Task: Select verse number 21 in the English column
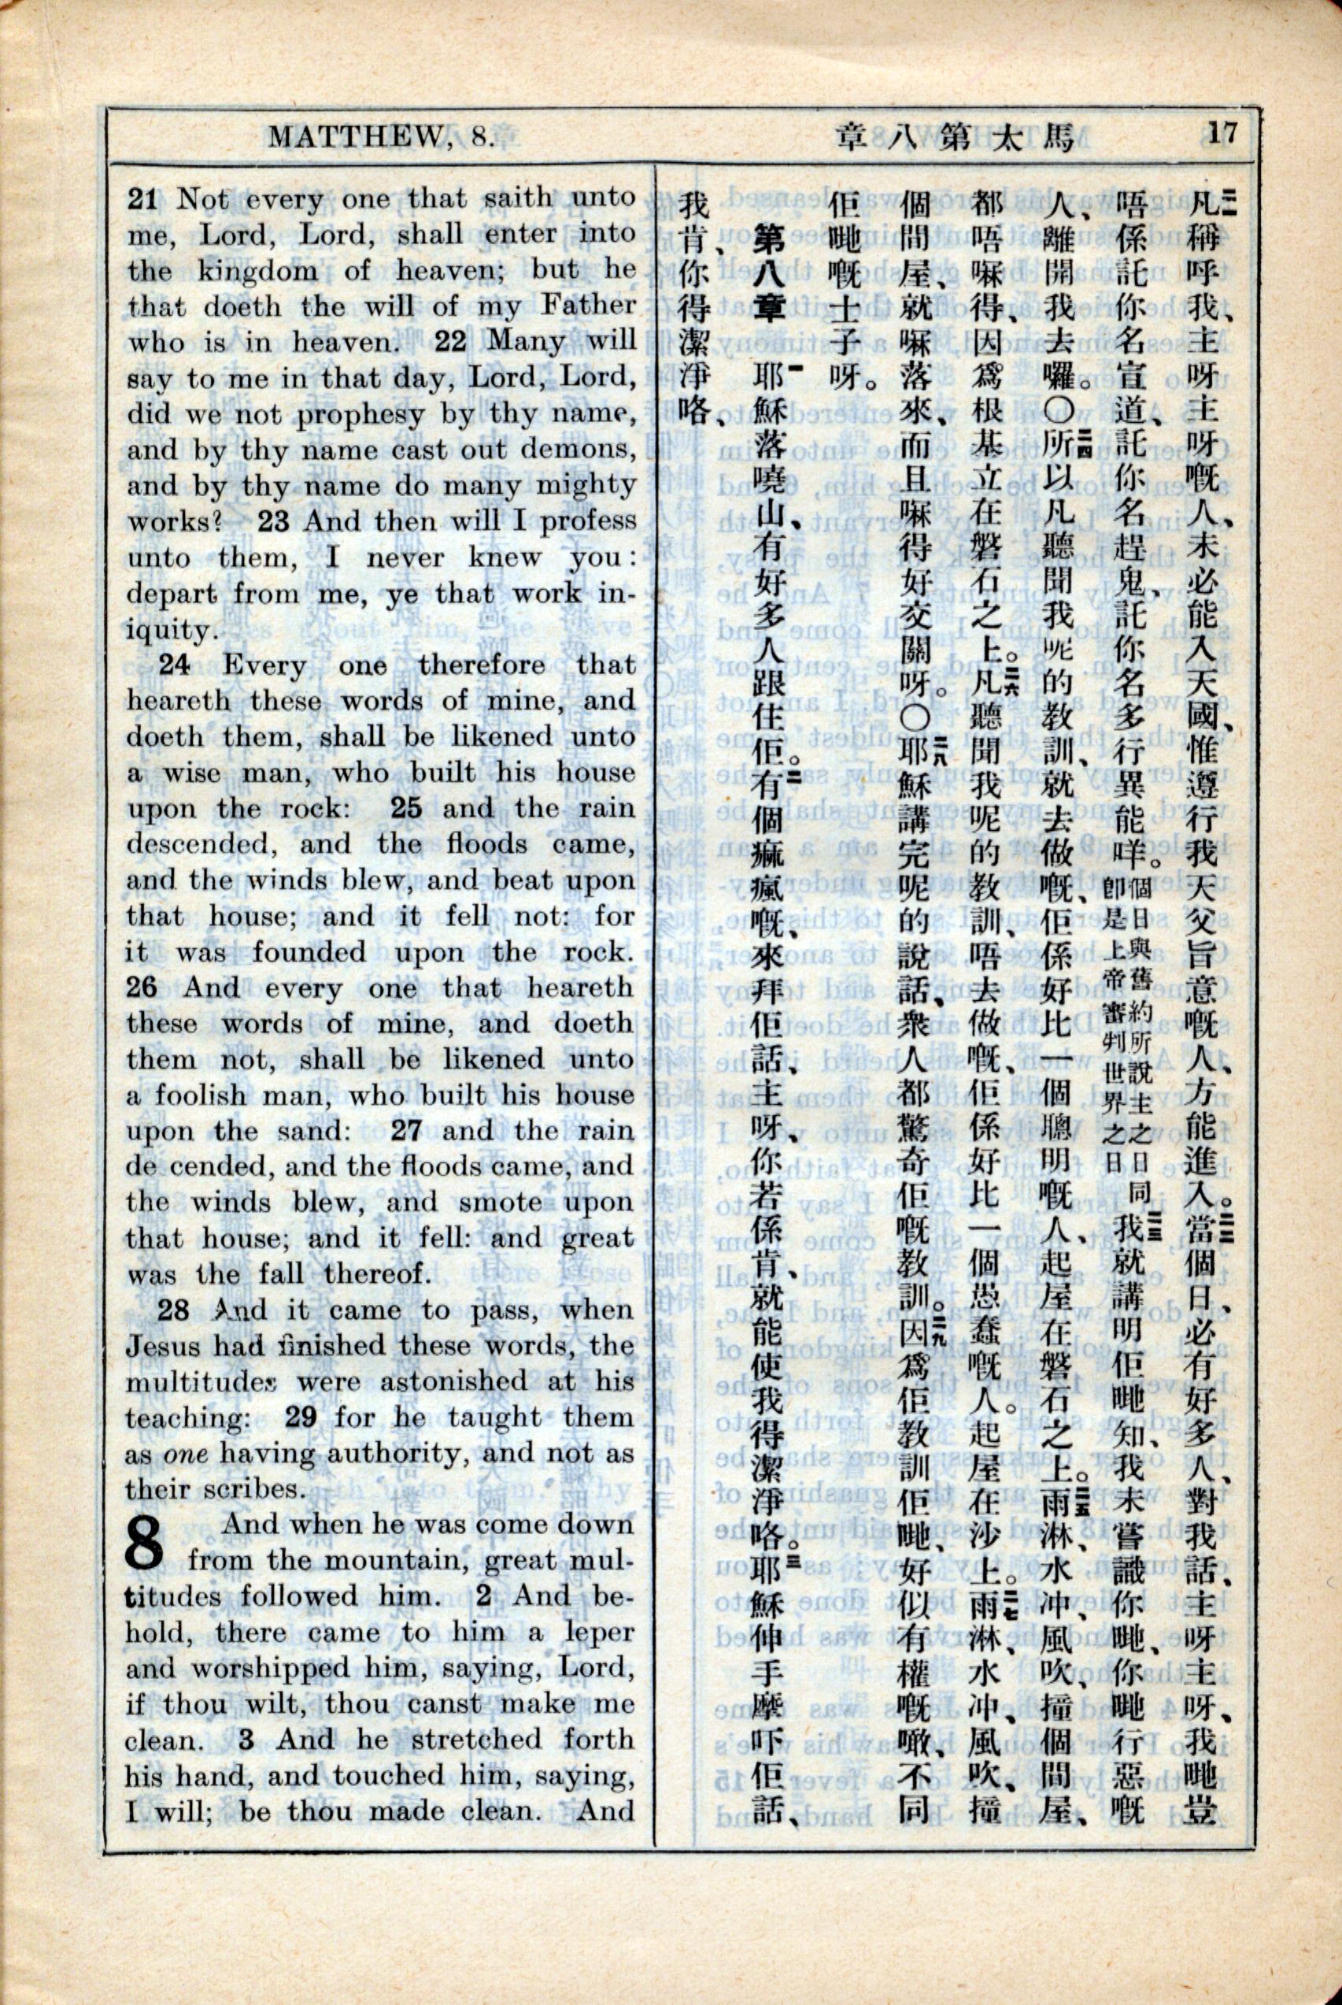[142, 199]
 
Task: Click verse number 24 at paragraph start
[175, 665]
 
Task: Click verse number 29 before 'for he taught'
[301, 1417]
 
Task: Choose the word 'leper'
[599, 1632]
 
